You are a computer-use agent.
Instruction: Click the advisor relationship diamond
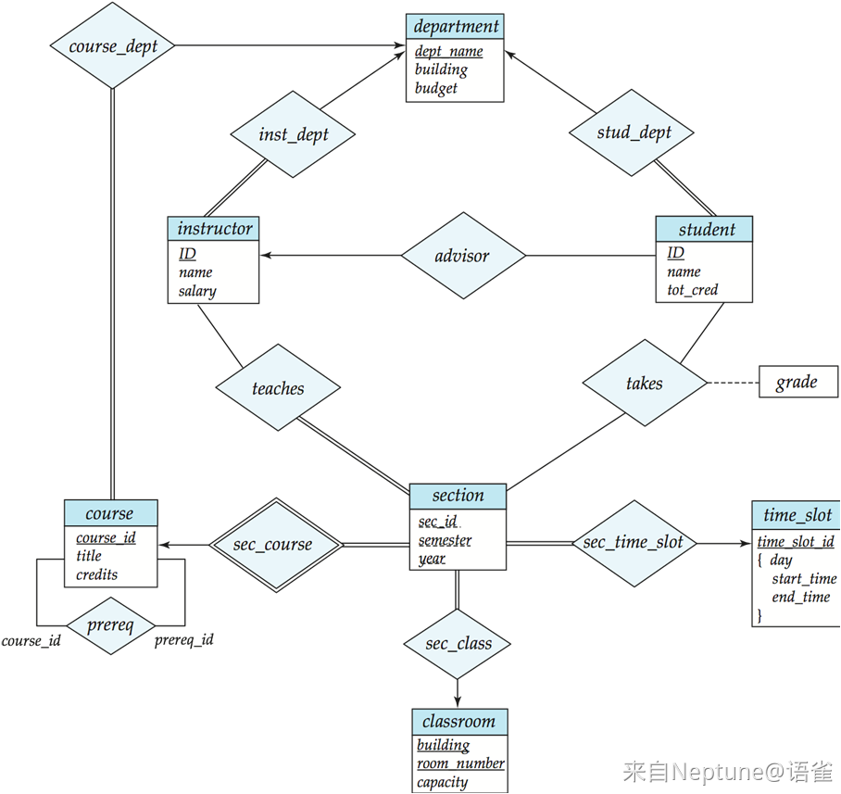point(463,256)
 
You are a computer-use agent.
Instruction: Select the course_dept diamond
point(113,45)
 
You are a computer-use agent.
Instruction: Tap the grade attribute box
point(798,382)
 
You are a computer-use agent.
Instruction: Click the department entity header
point(455,26)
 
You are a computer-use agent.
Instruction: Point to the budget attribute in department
point(436,88)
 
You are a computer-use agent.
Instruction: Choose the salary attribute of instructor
point(197,291)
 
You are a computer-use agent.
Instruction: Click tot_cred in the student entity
point(693,290)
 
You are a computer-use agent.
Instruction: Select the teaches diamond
point(278,387)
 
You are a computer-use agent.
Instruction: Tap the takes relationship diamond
point(645,383)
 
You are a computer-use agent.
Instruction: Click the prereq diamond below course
point(111,625)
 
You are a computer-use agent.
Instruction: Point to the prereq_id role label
point(184,640)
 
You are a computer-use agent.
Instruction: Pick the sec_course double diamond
point(276,545)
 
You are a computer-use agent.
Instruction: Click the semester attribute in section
point(446,540)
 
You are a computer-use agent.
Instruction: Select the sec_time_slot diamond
point(634,544)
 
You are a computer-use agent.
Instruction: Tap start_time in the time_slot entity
point(804,579)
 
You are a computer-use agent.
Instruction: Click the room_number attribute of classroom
point(460,763)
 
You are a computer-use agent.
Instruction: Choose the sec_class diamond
point(457,644)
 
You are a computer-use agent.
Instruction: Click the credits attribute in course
point(96,574)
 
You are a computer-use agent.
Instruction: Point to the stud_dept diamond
point(632,132)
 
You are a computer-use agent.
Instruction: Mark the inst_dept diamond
point(293,134)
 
